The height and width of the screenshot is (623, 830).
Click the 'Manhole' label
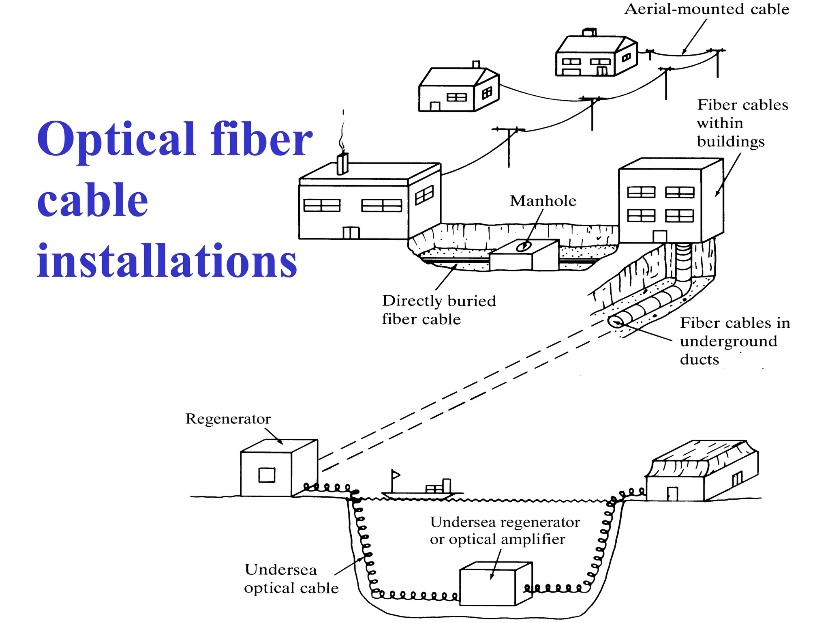[x=543, y=201]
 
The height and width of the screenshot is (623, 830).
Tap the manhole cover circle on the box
[x=524, y=246]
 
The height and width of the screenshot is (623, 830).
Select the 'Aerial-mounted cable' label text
[x=707, y=9]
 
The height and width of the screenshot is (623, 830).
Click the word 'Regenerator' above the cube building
[x=228, y=419]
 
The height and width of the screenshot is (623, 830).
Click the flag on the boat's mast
[x=396, y=475]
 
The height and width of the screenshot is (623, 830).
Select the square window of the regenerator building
[x=267, y=475]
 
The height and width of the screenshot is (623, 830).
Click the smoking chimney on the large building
[x=342, y=163]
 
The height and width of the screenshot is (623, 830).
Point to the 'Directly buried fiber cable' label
[x=439, y=310]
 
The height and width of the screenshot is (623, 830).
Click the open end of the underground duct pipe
[x=616, y=322]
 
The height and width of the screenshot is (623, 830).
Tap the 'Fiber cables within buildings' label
[x=742, y=123]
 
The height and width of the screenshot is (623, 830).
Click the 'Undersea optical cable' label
[x=291, y=579]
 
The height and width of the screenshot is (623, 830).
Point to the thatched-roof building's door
[x=672, y=494]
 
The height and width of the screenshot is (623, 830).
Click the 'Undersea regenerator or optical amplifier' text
[x=504, y=531]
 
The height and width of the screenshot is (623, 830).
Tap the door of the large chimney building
[x=351, y=232]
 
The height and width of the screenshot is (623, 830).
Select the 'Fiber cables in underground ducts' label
[x=734, y=341]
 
